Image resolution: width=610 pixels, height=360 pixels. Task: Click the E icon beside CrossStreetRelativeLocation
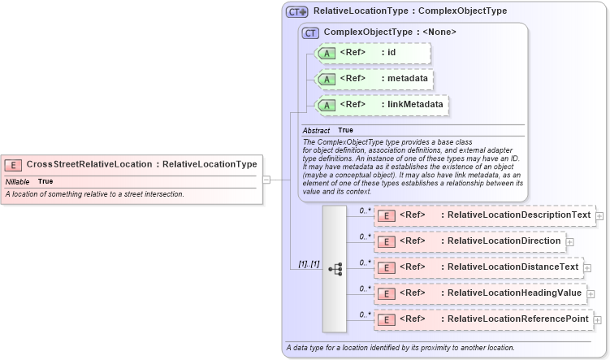14,164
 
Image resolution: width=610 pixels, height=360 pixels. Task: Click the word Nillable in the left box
18,181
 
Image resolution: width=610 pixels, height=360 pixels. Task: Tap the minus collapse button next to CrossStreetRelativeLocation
266,179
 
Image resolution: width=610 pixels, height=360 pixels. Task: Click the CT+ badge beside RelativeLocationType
296,11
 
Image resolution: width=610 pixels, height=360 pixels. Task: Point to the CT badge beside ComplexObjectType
310,33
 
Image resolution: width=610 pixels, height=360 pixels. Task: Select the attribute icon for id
327,53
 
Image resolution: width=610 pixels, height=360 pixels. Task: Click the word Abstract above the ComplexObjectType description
316,130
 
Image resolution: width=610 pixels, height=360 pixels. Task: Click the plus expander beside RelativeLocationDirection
570,241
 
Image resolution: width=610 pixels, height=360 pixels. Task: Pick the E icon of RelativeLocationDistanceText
388,267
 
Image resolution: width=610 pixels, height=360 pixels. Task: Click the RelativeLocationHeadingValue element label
511,293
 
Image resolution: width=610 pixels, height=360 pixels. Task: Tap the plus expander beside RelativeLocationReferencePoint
598,320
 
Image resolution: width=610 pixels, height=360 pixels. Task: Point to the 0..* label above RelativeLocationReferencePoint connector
365,313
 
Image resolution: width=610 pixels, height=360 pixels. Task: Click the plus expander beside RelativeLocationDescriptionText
599,216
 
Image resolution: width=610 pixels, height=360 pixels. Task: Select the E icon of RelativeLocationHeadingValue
388,293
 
